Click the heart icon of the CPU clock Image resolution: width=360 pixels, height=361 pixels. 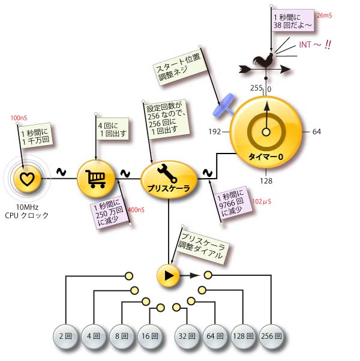(x=27, y=179)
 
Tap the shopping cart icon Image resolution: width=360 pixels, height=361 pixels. (x=95, y=179)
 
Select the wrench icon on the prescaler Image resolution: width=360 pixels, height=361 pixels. (x=167, y=173)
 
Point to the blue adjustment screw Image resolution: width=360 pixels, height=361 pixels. (x=223, y=106)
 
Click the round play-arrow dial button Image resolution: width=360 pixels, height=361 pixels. (x=169, y=275)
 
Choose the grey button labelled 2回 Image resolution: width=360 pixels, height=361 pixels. (x=65, y=336)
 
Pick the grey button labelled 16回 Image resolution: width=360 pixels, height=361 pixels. (x=150, y=336)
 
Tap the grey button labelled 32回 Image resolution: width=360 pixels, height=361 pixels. (x=187, y=336)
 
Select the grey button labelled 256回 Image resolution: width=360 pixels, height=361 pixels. (x=271, y=336)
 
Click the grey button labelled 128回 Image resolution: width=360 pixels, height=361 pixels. (x=243, y=336)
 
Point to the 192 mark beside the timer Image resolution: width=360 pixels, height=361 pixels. (x=214, y=132)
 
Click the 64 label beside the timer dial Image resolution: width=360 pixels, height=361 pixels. (x=316, y=132)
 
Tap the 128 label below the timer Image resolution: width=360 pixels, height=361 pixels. (x=266, y=181)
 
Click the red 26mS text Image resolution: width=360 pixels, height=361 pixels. (x=324, y=16)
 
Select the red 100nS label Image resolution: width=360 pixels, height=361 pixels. (x=19, y=118)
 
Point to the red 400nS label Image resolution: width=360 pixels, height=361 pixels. (x=136, y=210)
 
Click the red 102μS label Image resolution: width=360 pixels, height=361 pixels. (x=262, y=201)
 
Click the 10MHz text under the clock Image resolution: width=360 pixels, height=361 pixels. (x=27, y=207)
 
